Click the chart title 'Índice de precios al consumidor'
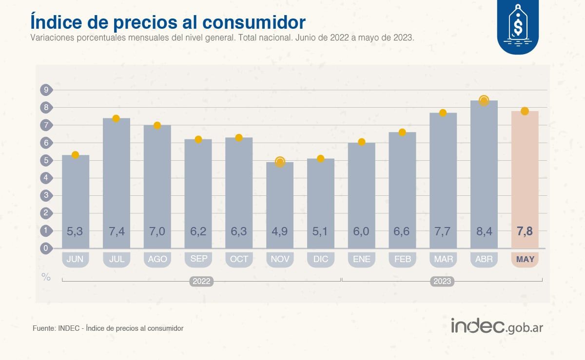pos(168,22)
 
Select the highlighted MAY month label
pos(525,259)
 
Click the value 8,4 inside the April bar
pos(484,231)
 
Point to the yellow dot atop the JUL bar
pos(116,118)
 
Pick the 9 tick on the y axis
pos(46,90)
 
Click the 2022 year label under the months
pos(201,282)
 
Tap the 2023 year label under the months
pos(442,282)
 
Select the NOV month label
pos(280,259)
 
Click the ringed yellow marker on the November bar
pos(280,162)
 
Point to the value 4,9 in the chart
pos(280,231)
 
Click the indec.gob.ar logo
pos(497,326)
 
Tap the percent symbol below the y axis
pos(46,277)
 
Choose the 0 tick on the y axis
pos(46,248)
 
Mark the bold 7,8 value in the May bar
pos(525,231)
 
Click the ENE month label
pos(362,259)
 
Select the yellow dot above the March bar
pos(443,113)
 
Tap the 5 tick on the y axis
pos(46,160)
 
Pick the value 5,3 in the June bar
pos(75,231)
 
